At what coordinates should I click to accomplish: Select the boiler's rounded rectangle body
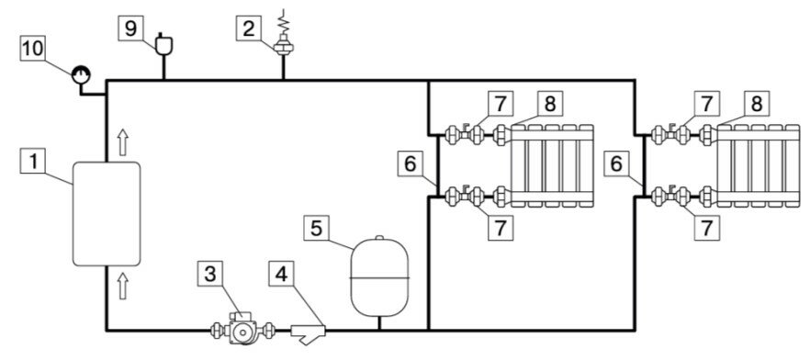coord(107,212)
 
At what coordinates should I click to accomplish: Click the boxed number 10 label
coord(30,48)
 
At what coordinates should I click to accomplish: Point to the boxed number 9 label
coord(131,28)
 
